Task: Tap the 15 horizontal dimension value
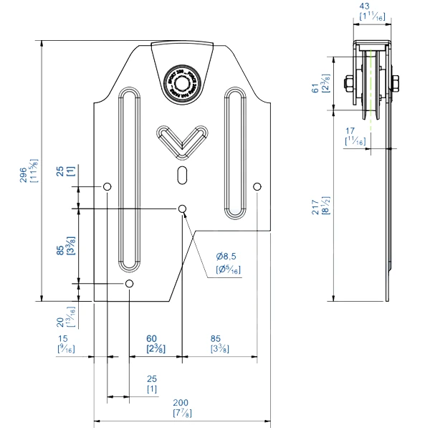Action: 64,338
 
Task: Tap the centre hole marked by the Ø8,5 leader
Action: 183,209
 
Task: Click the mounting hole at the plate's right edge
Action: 257,187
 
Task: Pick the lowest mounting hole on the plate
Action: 129,285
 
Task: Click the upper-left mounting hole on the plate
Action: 107,187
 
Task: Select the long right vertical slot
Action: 235,152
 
